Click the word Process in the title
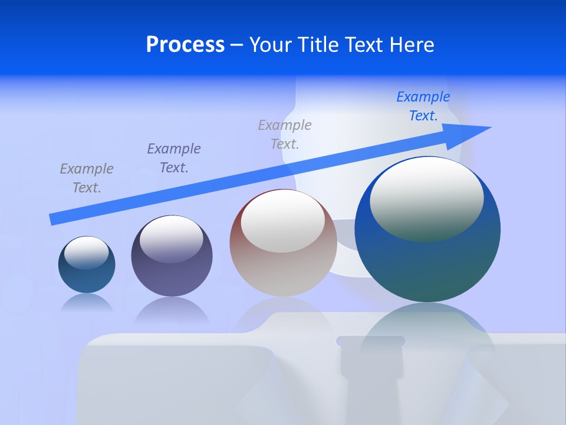click(185, 45)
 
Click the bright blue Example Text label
click(423, 106)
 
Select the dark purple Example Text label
click(174, 158)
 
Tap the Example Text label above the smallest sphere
click(87, 178)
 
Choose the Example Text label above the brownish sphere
click(285, 134)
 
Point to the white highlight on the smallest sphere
click(86, 253)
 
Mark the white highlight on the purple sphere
click(171, 239)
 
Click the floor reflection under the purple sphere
click(172, 310)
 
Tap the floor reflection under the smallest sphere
click(87, 303)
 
